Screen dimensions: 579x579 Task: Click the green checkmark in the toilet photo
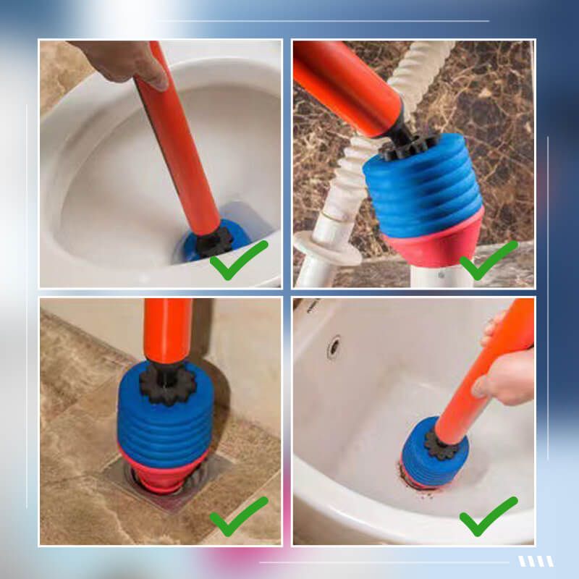(x=237, y=260)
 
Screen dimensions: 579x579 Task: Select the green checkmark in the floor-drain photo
(x=237, y=516)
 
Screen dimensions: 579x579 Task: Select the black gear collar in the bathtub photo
(x=441, y=444)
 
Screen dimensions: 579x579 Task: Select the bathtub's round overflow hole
(x=334, y=347)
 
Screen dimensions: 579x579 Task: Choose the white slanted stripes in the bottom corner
(x=536, y=561)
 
